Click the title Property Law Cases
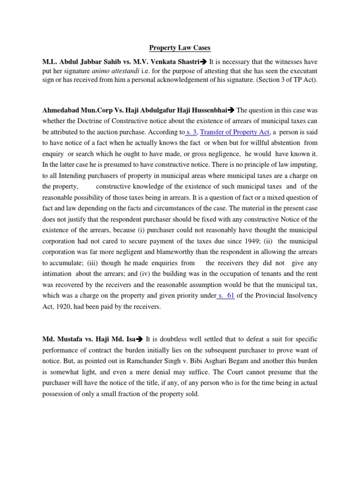point(180,48)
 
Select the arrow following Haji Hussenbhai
point(231,111)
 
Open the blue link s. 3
point(192,133)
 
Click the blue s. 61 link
point(226,295)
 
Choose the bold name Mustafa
point(71,339)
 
